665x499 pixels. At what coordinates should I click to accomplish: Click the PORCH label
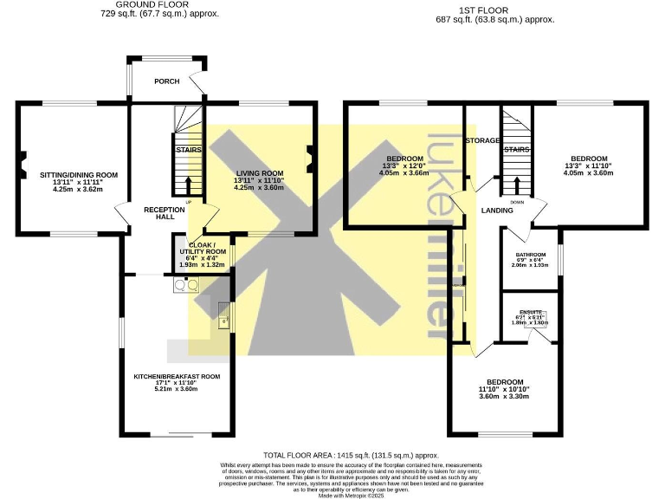coord(166,81)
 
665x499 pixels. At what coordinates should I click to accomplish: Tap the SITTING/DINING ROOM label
coord(78,175)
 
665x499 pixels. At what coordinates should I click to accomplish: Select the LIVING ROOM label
coord(259,173)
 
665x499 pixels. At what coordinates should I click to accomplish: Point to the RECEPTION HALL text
coord(165,213)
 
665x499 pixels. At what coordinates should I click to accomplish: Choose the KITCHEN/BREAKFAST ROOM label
coord(176,376)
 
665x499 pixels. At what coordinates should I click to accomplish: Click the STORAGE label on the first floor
coord(482,140)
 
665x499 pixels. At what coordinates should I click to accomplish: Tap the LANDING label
coord(497,211)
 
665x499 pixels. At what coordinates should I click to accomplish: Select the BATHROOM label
coord(532,255)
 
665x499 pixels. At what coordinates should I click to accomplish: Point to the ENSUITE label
coord(531,311)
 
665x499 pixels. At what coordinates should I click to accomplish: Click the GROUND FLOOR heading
coord(159,5)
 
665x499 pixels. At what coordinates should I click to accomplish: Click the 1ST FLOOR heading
coord(494,10)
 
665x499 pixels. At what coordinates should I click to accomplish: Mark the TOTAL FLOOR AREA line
coord(352,455)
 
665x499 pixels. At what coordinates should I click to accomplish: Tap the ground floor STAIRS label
coord(188,150)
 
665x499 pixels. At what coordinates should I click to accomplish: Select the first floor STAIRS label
coord(516,150)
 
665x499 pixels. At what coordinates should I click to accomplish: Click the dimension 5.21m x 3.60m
coord(176,390)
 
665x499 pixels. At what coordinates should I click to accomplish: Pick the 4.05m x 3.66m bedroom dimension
coord(404,172)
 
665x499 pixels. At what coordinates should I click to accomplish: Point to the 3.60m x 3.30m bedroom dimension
coord(504,396)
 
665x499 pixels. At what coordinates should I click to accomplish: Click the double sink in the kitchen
coord(186,283)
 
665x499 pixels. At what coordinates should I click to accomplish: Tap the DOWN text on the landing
coord(516,202)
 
